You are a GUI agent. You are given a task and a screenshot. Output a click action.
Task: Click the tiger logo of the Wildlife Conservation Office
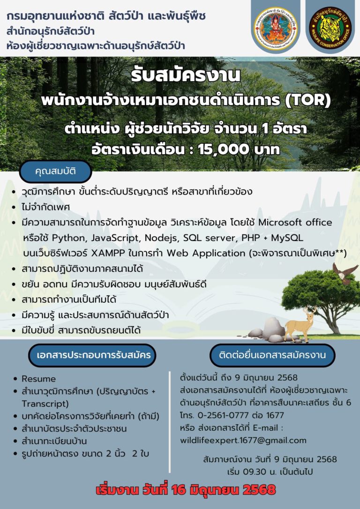[x=330, y=28]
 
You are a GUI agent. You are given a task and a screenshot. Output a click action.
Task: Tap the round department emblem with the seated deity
[x=276, y=28]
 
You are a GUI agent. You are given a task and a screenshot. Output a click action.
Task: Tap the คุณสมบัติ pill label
[x=55, y=172]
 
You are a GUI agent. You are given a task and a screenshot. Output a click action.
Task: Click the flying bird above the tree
[x=345, y=273]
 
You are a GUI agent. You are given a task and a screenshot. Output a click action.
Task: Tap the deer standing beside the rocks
[x=300, y=324]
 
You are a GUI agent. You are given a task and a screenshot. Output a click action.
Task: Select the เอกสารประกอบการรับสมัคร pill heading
[x=92, y=355]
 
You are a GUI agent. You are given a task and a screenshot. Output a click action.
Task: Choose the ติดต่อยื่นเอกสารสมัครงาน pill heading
[x=272, y=355]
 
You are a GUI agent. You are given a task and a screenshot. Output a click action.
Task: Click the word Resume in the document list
[x=38, y=379]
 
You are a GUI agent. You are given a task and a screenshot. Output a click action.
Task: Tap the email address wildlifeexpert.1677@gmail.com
[x=243, y=441]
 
